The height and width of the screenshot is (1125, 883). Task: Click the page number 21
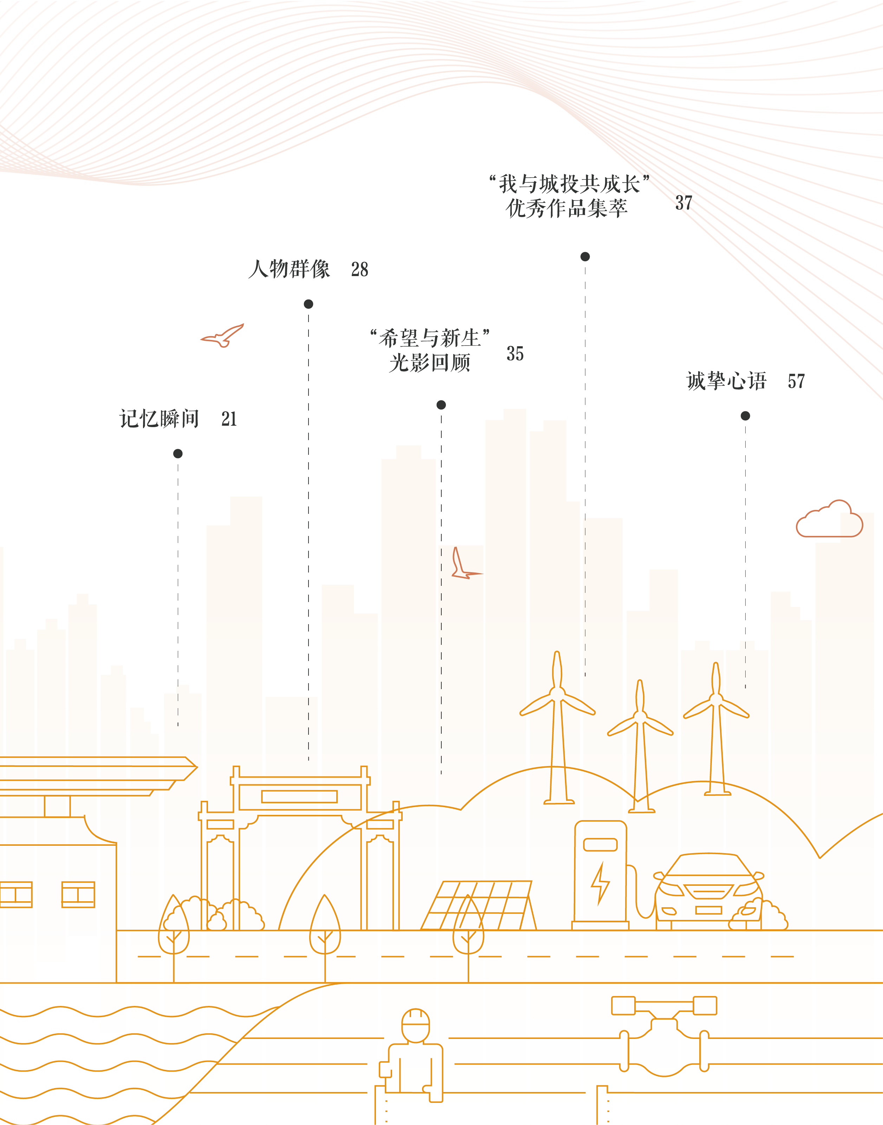(x=229, y=419)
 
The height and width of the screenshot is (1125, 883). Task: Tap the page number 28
(x=360, y=269)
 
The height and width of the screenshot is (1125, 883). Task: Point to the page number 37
(x=683, y=203)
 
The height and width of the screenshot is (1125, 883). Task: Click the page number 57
(x=796, y=381)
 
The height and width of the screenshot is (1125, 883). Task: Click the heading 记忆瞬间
(x=159, y=419)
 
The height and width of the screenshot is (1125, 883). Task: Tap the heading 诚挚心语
(x=726, y=381)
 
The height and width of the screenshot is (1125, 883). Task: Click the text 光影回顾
(x=430, y=363)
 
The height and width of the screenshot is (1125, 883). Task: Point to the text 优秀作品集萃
(x=567, y=208)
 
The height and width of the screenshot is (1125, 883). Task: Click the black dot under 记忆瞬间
(x=178, y=454)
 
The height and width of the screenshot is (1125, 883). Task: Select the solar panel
(x=478, y=905)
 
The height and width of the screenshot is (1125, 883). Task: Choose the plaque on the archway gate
(x=299, y=796)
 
